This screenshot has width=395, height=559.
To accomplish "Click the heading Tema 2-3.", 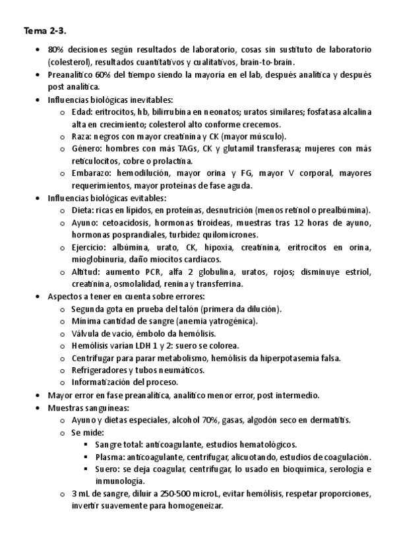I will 44,31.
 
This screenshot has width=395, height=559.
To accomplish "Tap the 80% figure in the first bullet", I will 55,50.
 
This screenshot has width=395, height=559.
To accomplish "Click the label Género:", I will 86,148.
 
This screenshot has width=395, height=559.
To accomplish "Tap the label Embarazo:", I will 90,173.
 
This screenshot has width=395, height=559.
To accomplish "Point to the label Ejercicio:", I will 90,247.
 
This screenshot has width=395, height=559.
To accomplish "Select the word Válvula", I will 86,334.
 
